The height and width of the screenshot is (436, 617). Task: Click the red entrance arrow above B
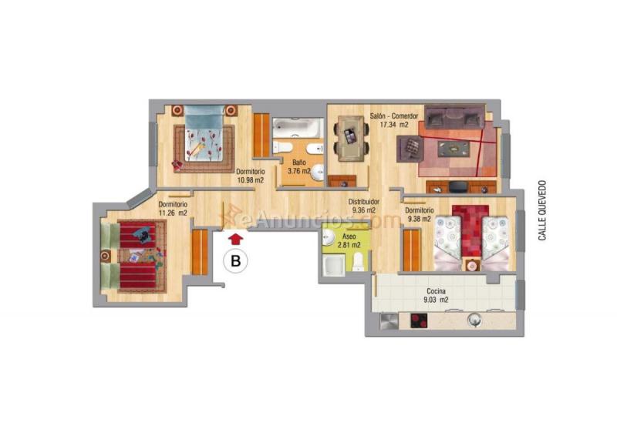tap(236, 240)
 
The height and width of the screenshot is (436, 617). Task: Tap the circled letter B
tap(236, 261)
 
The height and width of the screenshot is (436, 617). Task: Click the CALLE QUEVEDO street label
tap(542, 210)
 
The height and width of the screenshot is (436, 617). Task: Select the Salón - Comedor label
tap(394, 116)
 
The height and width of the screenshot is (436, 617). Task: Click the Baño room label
tap(298, 163)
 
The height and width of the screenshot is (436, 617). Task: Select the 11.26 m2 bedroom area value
tap(172, 213)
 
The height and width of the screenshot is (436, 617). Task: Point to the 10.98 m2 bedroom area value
tap(250, 179)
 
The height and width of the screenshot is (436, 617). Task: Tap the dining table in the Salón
tap(350, 136)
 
